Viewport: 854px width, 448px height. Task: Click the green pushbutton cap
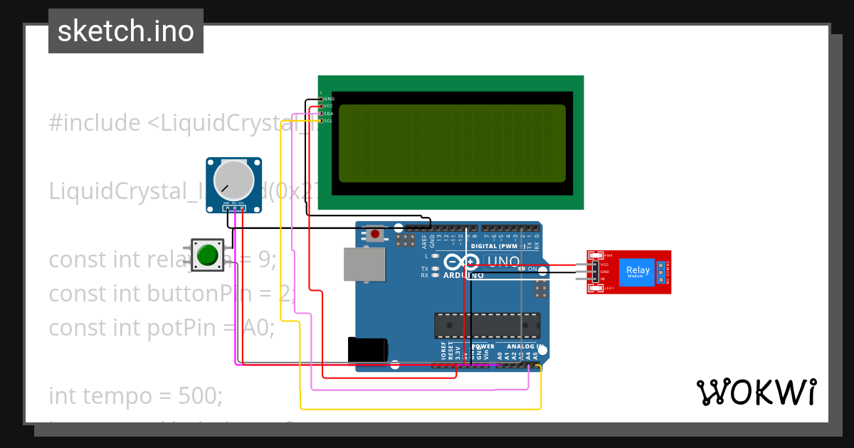(x=208, y=255)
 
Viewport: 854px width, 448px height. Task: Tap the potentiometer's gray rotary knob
(x=233, y=180)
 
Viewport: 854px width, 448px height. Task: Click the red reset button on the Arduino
(x=374, y=233)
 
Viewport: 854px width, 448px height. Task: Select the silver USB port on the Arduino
(x=363, y=263)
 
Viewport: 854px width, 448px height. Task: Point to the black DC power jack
(x=367, y=351)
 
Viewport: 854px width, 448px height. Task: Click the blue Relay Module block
(x=638, y=272)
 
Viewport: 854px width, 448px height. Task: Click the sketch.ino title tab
(x=126, y=31)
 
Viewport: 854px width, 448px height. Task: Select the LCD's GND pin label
(x=329, y=99)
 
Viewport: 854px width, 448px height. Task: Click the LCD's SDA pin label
(x=329, y=114)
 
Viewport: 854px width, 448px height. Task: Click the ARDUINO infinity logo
(x=463, y=262)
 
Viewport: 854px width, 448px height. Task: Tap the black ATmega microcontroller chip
(x=487, y=325)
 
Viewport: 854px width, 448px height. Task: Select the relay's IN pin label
(x=604, y=279)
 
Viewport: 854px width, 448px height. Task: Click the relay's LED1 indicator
(x=598, y=288)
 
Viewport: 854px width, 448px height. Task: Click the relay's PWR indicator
(x=598, y=255)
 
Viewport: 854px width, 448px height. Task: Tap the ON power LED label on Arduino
(x=532, y=269)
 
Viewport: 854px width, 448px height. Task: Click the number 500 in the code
(x=201, y=395)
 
